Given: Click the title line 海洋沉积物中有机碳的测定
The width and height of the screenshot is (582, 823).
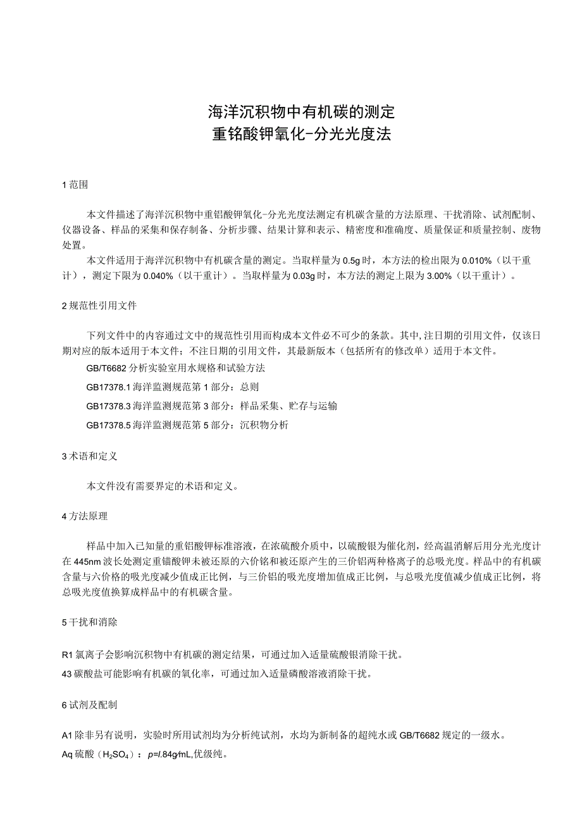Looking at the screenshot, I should [301, 112].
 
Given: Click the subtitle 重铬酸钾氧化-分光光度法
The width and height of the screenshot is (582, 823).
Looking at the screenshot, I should [301, 135].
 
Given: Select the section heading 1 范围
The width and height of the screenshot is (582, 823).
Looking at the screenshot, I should [75, 185].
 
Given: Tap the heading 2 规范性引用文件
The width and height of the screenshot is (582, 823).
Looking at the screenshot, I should [99, 306].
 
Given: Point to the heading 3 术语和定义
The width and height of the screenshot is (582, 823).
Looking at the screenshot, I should [89, 455].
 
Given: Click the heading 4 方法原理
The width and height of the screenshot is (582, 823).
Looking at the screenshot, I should [85, 516].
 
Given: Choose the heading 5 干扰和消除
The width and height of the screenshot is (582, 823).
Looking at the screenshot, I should [89, 622].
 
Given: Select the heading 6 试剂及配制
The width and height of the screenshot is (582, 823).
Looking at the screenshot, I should [89, 705].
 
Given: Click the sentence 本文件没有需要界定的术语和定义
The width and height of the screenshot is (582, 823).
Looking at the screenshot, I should [162, 486].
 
